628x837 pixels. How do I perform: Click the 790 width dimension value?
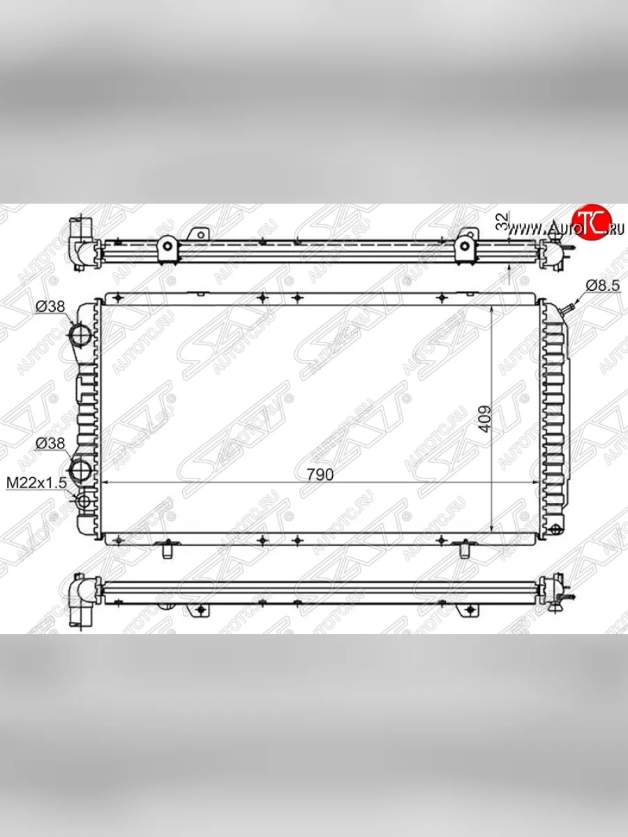[320, 474]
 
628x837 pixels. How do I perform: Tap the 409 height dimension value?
[484, 419]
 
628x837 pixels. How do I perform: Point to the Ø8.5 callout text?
[603, 285]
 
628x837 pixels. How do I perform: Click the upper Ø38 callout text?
[50, 306]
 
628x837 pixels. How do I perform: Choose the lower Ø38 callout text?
[50, 444]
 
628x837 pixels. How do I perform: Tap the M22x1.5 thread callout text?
[36, 483]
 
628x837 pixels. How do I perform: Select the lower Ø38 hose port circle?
[81, 471]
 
